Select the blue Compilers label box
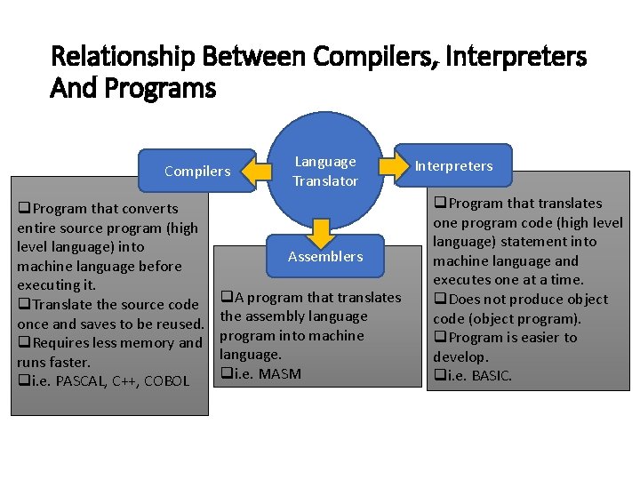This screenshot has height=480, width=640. (x=197, y=171)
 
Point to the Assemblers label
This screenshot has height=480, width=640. (x=325, y=256)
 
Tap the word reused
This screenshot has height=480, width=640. (x=179, y=324)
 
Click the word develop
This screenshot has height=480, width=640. (x=460, y=356)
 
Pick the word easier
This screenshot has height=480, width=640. (x=532, y=338)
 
